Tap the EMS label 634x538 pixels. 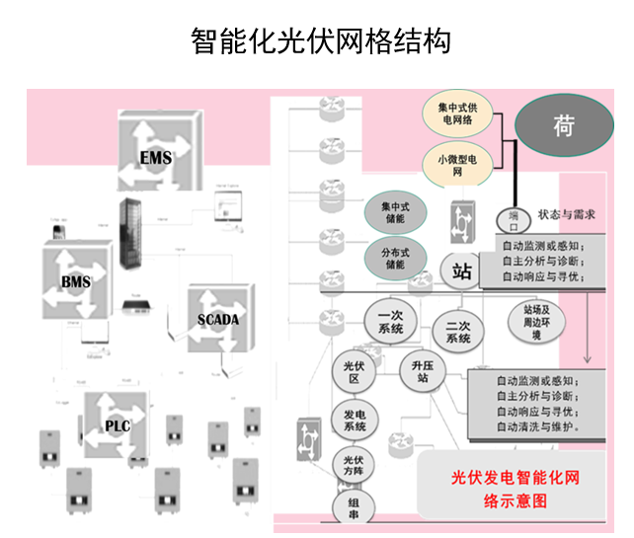tap(155, 158)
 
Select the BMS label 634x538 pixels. tap(76, 285)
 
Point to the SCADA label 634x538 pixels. tap(218, 320)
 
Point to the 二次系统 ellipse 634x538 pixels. tap(458, 332)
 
